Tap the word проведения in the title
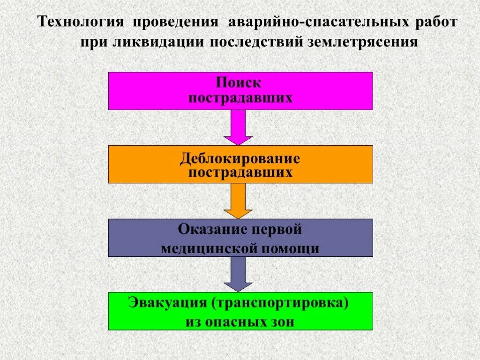[175, 22]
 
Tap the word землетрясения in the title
[362, 42]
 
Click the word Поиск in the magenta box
[239, 83]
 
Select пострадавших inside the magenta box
[240, 98]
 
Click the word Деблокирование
[240, 158]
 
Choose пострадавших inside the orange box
[240, 172]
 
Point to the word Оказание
[210, 230]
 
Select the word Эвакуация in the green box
[167, 302]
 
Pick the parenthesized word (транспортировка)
[280, 302]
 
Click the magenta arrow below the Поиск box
[238, 127]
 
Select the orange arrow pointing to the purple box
[238, 201]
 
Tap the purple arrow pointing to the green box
[238, 274]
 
